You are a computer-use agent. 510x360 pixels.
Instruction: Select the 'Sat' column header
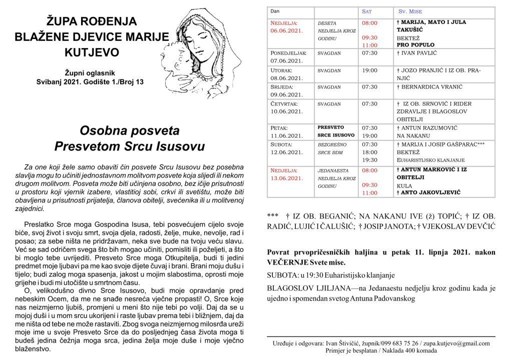click(367, 10)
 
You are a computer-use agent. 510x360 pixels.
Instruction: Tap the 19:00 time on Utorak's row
click(369, 70)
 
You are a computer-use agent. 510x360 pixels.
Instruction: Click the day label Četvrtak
click(285, 104)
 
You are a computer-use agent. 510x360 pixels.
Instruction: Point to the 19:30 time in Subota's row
click(369, 160)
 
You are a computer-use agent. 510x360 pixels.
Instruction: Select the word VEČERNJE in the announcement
click(291, 261)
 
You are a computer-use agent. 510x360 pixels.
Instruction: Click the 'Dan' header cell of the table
click(275, 10)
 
